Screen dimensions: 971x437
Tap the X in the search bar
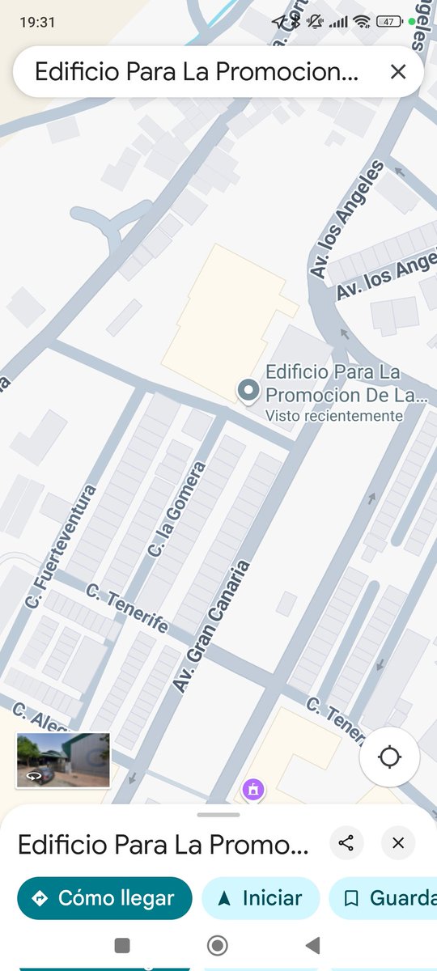tap(397, 72)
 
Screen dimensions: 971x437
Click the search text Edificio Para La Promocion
tap(196, 72)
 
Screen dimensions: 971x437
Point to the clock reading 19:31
tap(37, 22)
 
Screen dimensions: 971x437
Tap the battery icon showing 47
tap(390, 22)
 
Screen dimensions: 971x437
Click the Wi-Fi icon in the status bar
tap(361, 22)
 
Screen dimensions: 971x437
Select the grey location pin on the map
tap(248, 391)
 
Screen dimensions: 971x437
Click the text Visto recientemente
tap(334, 416)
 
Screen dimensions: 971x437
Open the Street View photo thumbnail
tap(63, 761)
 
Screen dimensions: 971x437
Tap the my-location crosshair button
tap(389, 757)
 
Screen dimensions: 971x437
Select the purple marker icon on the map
tap(252, 789)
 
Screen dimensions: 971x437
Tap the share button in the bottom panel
tap(346, 843)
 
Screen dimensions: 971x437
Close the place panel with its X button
tap(397, 843)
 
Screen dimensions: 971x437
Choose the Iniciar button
tap(261, 898)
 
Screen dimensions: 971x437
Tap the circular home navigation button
tap(217, 945)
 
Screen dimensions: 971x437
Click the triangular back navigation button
tap(312, 945)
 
